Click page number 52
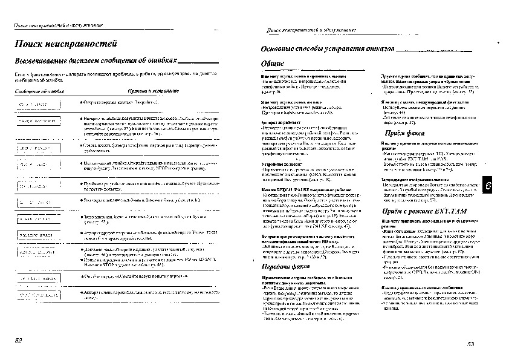pos(19,341)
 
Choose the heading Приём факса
pos(404,133)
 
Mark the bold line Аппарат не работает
pos(278,122)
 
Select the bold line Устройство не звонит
pos(279,164)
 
